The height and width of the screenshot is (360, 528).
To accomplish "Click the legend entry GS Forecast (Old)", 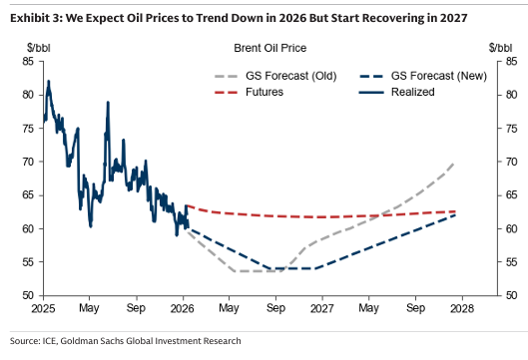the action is coord(275,76).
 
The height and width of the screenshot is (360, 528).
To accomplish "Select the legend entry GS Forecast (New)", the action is coord(423,76).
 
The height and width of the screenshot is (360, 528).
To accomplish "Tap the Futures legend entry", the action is coord(249,92).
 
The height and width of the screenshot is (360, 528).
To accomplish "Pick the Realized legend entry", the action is coord(397,92).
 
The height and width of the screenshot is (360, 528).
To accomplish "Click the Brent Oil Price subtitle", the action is coord(270,48).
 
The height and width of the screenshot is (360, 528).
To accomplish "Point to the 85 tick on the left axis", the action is coord(28,62).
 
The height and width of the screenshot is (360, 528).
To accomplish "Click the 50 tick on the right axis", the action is coord(511,295).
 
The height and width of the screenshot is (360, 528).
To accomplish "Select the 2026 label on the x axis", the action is coord(183,308).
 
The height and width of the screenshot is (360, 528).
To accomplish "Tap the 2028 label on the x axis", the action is coord(462,308).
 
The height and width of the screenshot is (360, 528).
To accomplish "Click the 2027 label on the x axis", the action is coord(322,308).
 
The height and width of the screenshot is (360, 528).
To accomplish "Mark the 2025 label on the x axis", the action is coord(44,308).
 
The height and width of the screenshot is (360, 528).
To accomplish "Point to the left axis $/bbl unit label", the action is coord(39,48).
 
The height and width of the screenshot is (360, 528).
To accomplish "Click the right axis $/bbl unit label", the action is coord(501,48).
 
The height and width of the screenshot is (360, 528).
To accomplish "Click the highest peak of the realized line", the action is coord(49,81).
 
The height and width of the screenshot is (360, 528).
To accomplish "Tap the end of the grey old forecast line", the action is coord(454,163).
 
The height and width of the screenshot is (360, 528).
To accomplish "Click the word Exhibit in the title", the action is coord(28,18).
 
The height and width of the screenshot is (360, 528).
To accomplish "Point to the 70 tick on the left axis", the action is coord(28,162).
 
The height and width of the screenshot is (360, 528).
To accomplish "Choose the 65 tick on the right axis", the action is coord(511,195).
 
